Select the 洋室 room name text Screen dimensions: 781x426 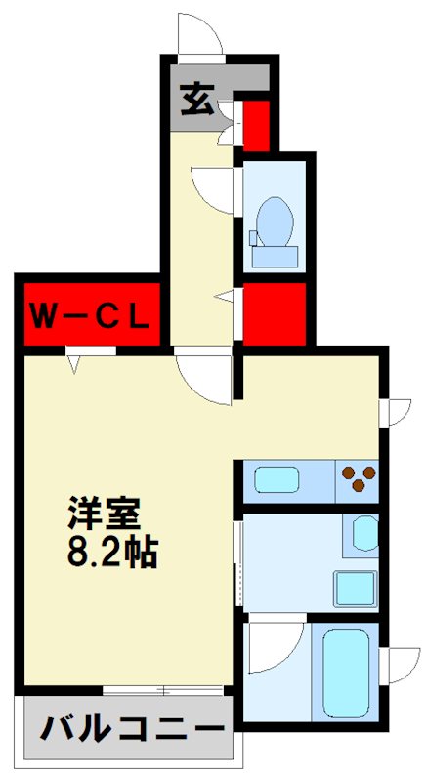[106, 513]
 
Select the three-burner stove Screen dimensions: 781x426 [357, 479]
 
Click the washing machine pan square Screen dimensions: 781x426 [355, 589]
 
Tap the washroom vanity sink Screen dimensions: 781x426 [365, 535]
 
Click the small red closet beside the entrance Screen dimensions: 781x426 [256, 122]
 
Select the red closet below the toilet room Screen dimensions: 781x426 [274, 314]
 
